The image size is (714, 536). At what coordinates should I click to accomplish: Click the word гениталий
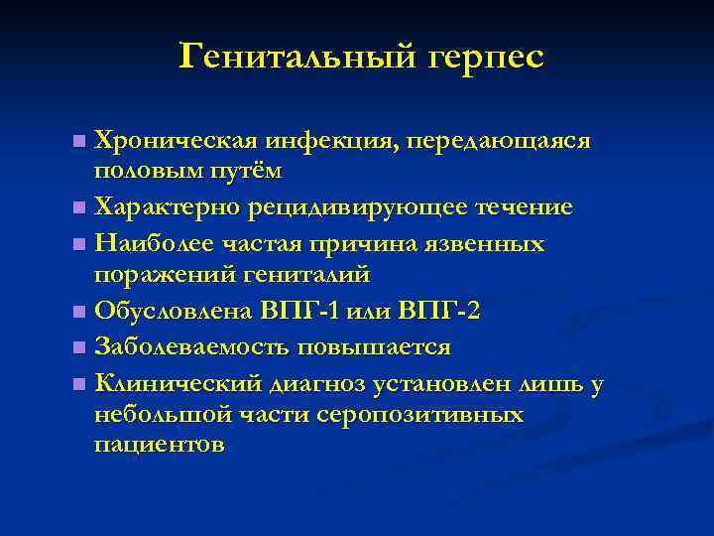[x=314, y=272]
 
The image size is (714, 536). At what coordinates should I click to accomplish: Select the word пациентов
[x=159, y=443]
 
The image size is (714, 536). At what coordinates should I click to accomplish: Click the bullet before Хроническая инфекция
[x=79, y=141]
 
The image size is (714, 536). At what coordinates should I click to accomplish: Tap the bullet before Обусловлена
[x=79, y=312]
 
